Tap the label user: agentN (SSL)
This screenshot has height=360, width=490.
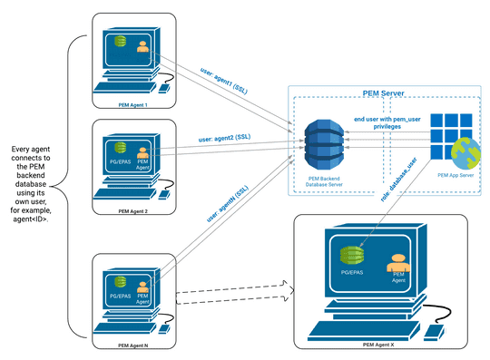230,203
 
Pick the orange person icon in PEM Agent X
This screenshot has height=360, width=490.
396,263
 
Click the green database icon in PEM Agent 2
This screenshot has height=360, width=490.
117,145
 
